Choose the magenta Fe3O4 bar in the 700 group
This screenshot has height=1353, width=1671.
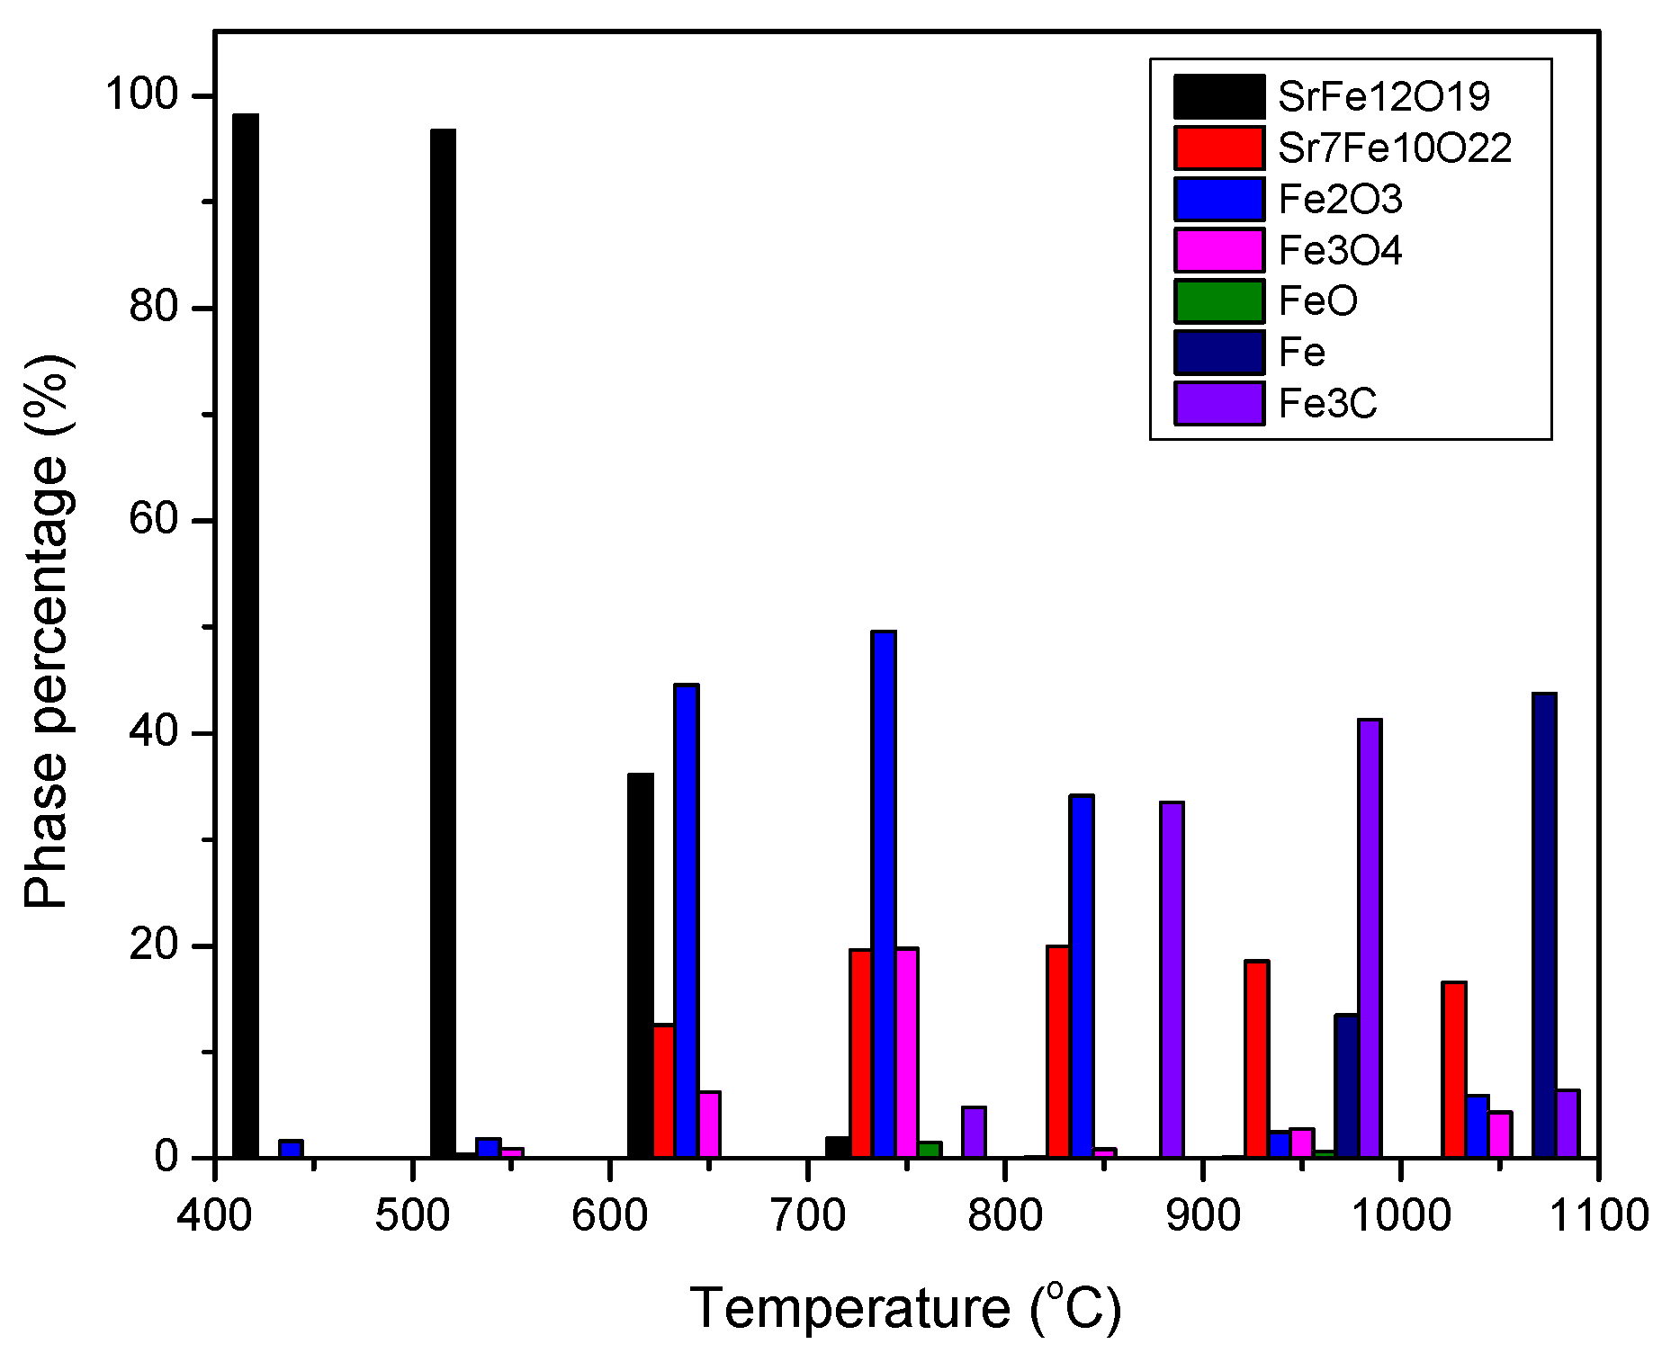pyautogui.click(x=907, y=1052)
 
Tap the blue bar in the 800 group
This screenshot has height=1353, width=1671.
pyautogui.click(x=1082, y=976)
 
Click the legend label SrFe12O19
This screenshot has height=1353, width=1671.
pyautogui.click(x=1384, y=97)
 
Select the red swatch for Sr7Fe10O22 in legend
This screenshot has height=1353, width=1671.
pyautogui.click(x=1218, y=148)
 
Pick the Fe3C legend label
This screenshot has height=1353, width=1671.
pyautogui.click(x=1327, y=404)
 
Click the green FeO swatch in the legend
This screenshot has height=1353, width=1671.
pyautogui.click(x=1218, y=301)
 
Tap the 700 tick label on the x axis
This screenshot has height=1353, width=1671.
pyautogui.click(x=808, y=1216)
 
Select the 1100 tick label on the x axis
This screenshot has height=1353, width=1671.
pyautogui.click(x=1599, y=1216)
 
